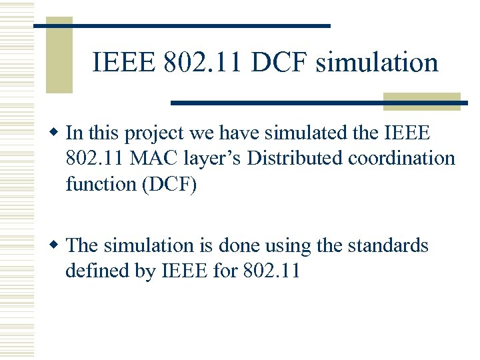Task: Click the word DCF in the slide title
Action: (x=282, y=63)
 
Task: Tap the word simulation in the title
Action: (x=377, y=63)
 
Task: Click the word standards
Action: (x=387, y=245)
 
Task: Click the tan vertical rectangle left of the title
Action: (x=59, y=55)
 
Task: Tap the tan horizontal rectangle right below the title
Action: (x=422, y=101)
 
